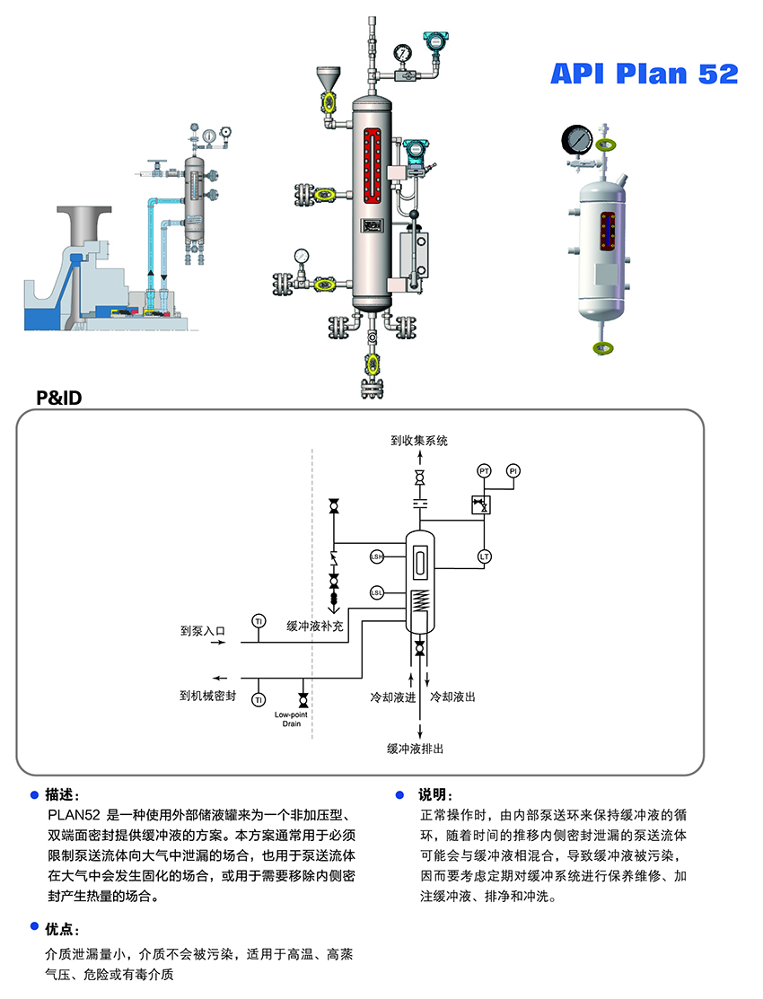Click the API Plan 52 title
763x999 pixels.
pyautogui.click(x=644, y=74)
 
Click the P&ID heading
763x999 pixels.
pyautogui.click(x=58, y=397)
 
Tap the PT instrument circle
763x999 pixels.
pyautogui.click(x=485, y=471)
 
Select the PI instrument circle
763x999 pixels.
pyautogui.click(x=513, y=471)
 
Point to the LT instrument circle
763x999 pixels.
pyautogui.click(x=485, y=556)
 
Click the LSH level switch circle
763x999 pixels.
pyautogui.click(x=377, y=557)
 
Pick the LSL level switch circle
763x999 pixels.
pyautogui.click(x=377, y=593)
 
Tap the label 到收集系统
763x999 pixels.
pyautogui.click(x=418, y=441)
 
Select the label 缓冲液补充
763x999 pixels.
pyautogui.click(x=315, y=626)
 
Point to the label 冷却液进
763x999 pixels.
pyautogui.click(x=393, y=697)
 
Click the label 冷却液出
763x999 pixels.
pyautogui.click(x=453, y=697)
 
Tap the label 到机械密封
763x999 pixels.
pyautogui.click(x=207, y=696)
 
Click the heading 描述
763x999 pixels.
pyautogui.click(x=63, y=795)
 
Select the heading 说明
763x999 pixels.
pyautogui.click(x=435, y=795)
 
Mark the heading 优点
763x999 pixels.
pyautogui.click(x=63, y=929)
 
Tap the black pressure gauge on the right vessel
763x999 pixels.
pyautogui.click(x=575, y=139)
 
